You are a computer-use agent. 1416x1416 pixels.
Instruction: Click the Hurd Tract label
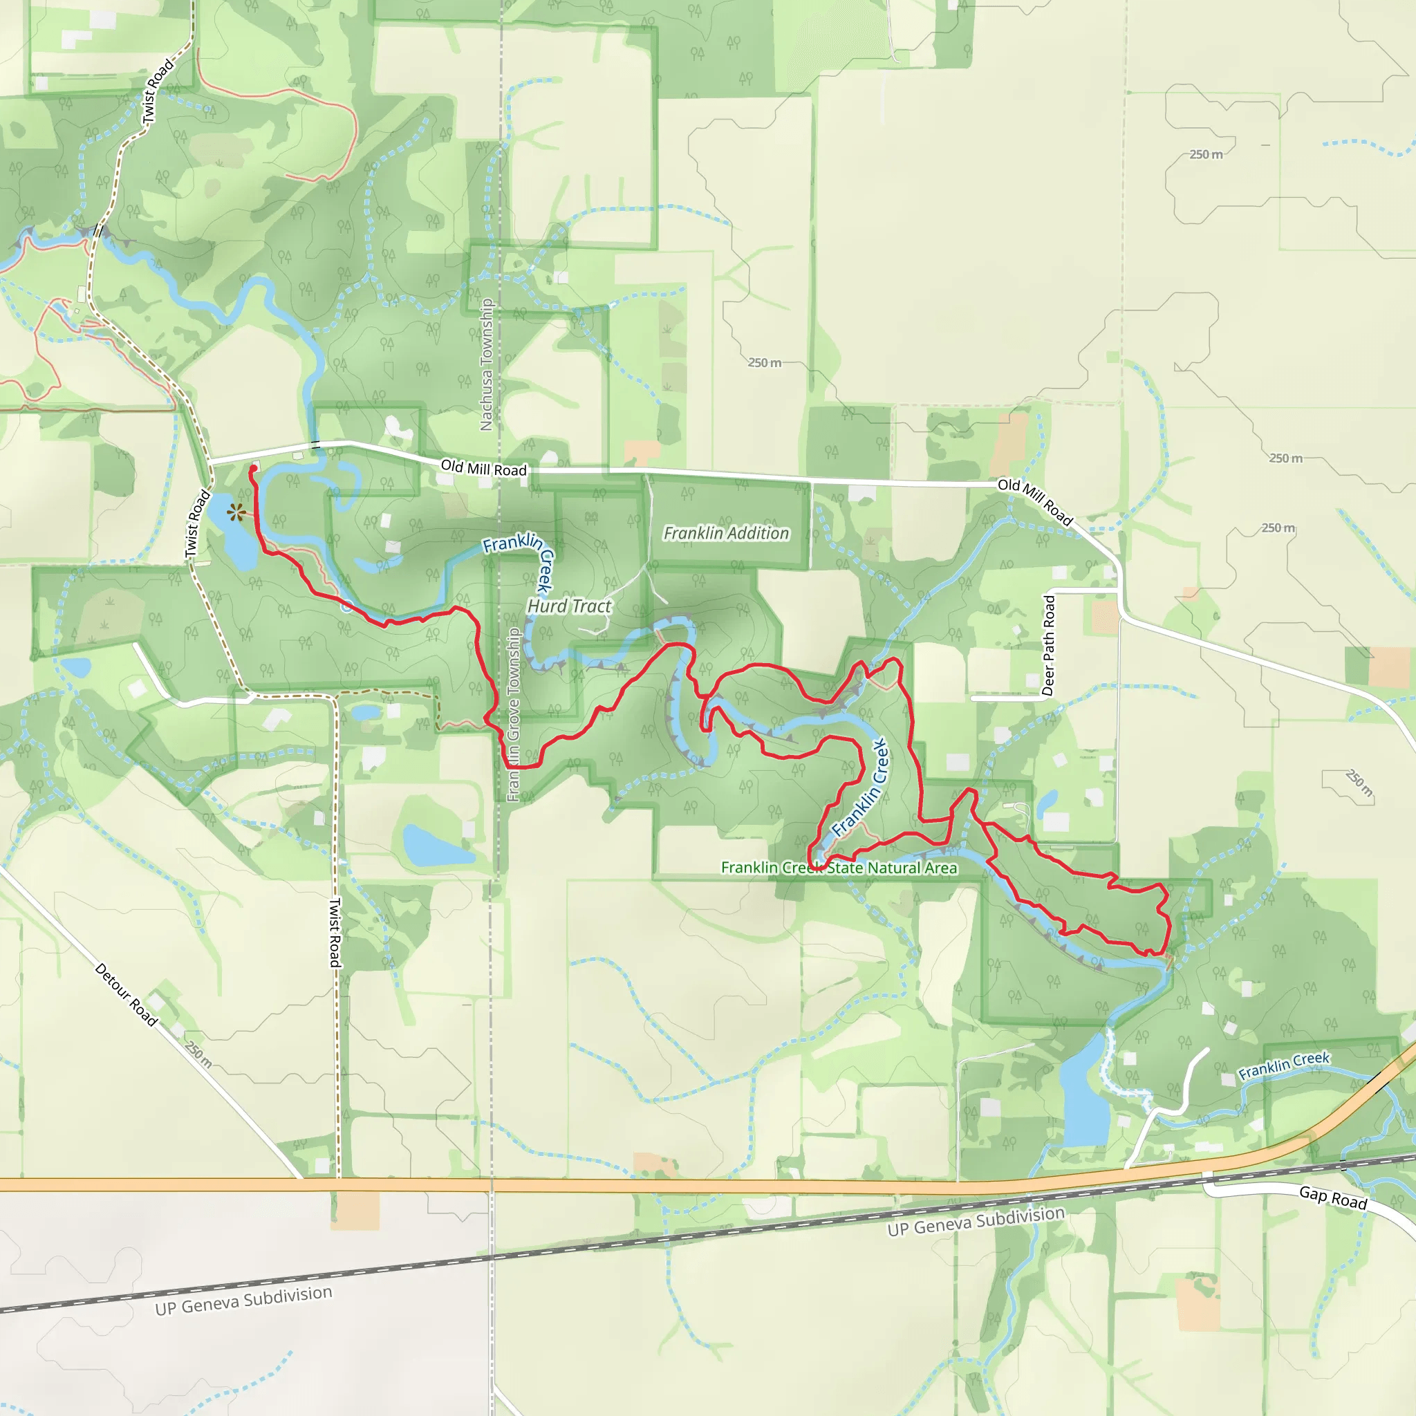pos(569,606)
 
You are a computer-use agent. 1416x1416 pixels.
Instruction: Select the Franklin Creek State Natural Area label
pos(839,868)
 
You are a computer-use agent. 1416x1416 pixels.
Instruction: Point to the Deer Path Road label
pos(1049,645)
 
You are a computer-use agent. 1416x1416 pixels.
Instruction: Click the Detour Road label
pos(126,994)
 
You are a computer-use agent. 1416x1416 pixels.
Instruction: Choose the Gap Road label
pos(1332,1198)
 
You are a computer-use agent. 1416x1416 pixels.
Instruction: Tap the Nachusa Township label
pos(486,364)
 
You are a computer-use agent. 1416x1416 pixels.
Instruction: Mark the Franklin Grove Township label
pos(513,715)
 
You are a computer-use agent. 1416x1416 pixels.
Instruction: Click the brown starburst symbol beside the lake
pos(236,512)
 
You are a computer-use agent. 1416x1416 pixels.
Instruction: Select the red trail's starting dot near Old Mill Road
pos(254,468)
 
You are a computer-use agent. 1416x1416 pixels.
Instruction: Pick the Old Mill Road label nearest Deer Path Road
pos(1035,501)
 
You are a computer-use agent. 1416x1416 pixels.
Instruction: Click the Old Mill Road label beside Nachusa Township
pos(483,468)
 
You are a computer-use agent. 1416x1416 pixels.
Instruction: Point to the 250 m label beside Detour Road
pos(198,1054)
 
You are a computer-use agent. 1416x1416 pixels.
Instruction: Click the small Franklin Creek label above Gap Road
pos(1283,1065)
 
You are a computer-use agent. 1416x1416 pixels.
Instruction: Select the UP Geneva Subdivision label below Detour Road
pos(243,1301)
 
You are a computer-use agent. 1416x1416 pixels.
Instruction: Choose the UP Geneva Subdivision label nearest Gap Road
pos(976,1221)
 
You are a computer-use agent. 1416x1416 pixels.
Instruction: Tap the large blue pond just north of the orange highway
pos(1085,1099)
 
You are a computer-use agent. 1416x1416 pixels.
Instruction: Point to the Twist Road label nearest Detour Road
pos(335,932)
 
